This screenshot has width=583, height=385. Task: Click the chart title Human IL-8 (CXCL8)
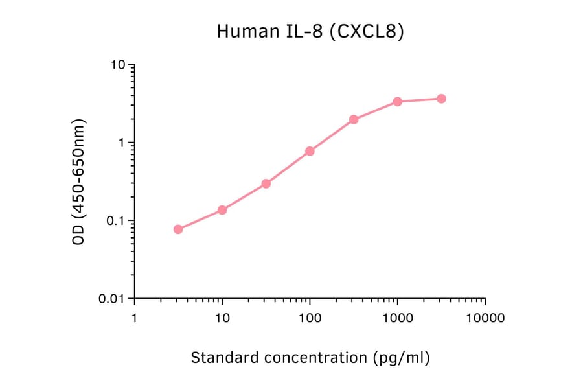pos(310,32)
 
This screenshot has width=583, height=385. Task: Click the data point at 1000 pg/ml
pos(397,102)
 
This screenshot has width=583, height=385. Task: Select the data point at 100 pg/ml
pos(310,151)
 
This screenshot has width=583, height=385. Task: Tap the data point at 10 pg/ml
pos(222,210)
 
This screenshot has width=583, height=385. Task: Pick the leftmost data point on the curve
pos(178,229)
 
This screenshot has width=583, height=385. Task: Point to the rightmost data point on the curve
pos(441,99)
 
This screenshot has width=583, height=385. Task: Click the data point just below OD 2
pos(354,119)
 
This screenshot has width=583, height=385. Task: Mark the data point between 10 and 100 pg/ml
pos(266,183)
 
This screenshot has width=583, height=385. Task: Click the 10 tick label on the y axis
pos(118,65)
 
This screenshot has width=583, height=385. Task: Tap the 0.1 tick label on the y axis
pos(115,221)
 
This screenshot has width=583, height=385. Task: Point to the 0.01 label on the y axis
pos(112,299)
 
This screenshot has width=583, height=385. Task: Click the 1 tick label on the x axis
pos(134,318)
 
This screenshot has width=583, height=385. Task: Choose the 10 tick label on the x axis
pos(222,318)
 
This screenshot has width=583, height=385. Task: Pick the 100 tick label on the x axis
pos(310,318)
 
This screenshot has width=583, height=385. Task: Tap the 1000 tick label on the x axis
pos(397,318)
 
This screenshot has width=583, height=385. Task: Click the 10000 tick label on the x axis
pos(485,318)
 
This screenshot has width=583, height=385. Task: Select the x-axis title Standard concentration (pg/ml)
pos(310,357)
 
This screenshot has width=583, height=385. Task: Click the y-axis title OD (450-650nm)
pos(78,181)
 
